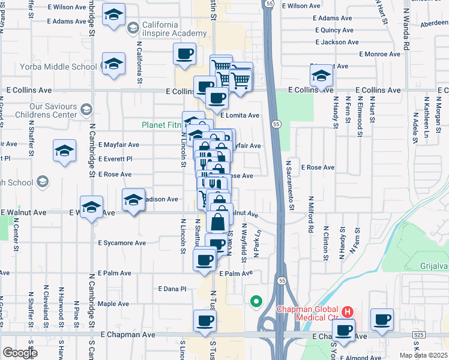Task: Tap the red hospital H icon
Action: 349,312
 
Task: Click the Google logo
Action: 19,353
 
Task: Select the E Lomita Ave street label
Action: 240,116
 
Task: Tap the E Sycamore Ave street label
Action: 122,244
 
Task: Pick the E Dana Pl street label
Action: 173,289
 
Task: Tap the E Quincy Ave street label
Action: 333,30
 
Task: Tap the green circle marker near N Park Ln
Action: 256,301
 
